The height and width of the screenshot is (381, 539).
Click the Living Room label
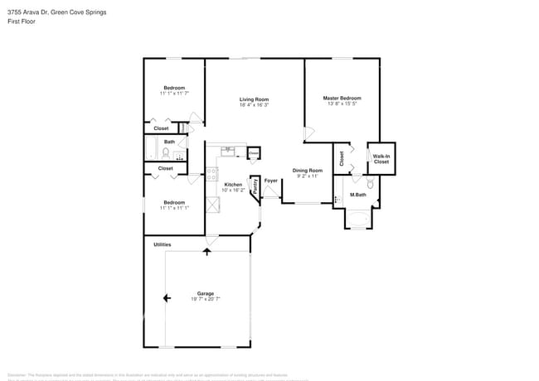[x=253, y=99]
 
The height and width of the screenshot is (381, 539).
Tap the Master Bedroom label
[x=342, y=98]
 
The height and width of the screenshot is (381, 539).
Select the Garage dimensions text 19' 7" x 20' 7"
[x=205, y=299]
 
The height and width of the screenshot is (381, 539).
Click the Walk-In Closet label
[x=381, y=159]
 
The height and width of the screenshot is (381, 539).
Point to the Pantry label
[x=255, y=188]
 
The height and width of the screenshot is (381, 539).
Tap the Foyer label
[x=270, y=181]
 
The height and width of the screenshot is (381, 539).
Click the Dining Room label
[x=307, y=171]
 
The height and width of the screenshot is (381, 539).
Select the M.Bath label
[x=358, y=195]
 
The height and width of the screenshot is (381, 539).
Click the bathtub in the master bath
[x=359, y=220]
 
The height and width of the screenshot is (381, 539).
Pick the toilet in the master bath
[x=371, y=184]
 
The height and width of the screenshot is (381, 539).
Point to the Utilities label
[x=163, y=244]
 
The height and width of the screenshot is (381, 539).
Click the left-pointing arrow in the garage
[x=167, y=298]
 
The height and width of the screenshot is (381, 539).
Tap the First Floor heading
[x=21, y=22]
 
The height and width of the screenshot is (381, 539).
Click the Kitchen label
[x=233, y=185]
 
